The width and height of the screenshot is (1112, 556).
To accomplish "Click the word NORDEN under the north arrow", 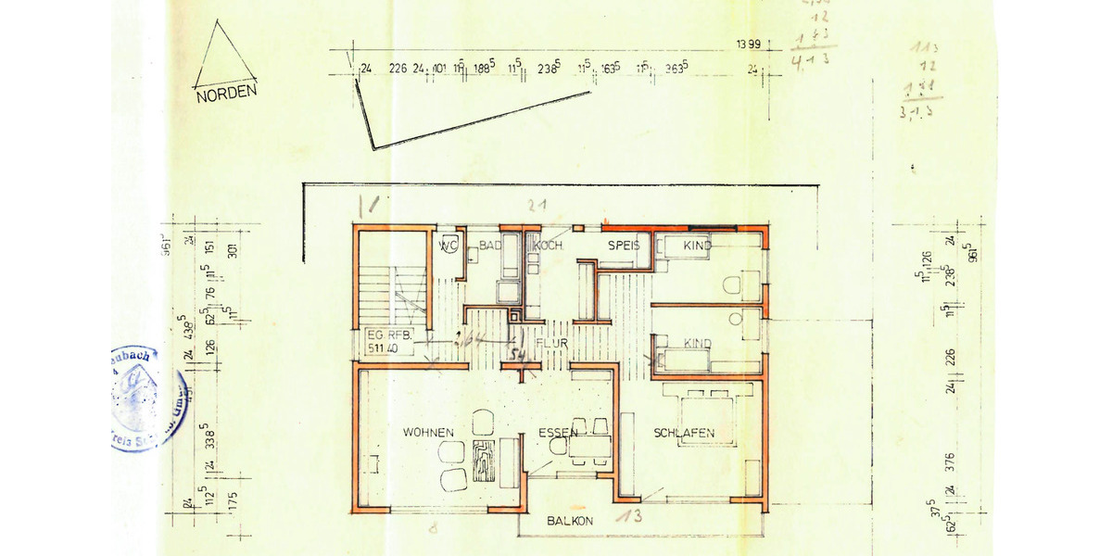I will (225, 93).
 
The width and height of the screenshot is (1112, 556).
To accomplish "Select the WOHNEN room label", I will (428, 433).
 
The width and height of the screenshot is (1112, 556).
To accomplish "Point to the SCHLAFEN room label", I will (684, 433).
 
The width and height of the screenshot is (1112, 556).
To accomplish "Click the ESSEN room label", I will (558, 433).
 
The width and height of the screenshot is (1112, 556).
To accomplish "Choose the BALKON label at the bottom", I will (570, 521).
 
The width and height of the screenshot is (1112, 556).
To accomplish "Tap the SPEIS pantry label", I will (625, 246).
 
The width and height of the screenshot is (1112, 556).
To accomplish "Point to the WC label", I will (449, 246).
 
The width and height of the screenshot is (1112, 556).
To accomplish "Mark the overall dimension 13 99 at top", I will (748, 44).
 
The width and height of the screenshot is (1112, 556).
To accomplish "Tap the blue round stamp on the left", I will (146, 398).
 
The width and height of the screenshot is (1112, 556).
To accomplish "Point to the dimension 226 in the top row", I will (398, 68).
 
